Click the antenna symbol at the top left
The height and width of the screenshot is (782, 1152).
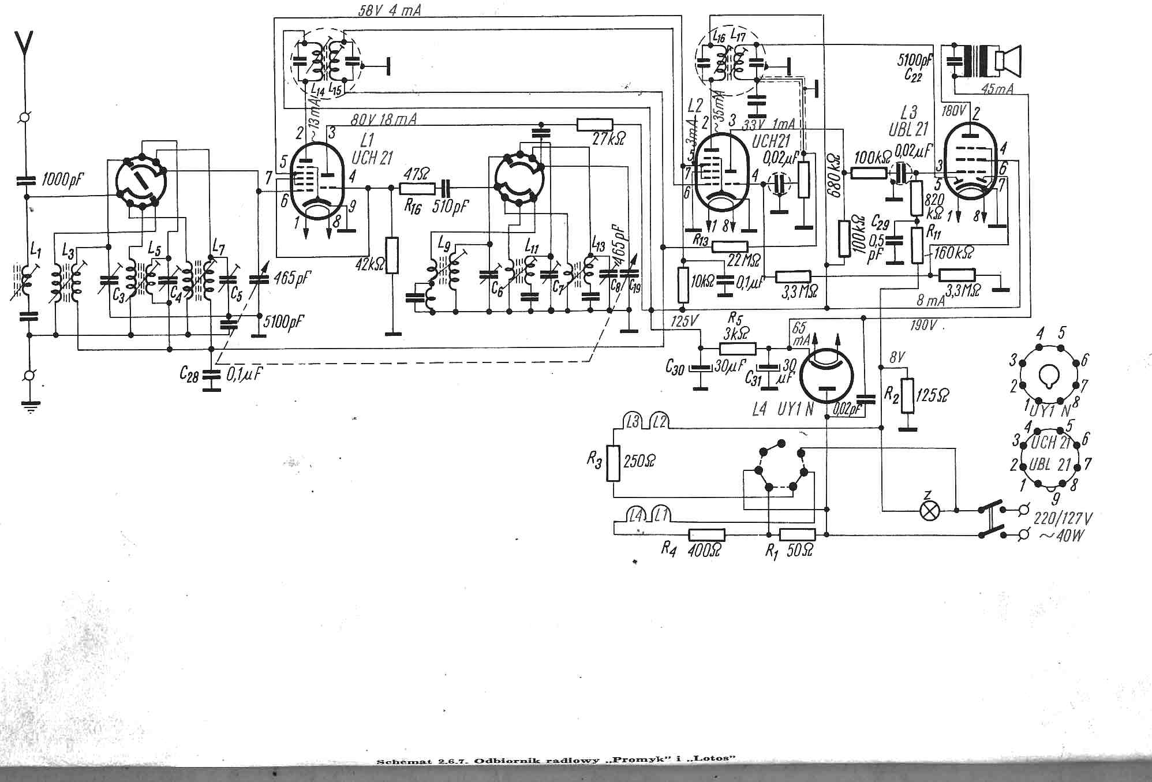24,44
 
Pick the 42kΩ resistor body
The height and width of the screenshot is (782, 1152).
392,255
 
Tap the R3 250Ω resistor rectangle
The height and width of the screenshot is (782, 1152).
613,463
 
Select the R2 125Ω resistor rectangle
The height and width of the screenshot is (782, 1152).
908,396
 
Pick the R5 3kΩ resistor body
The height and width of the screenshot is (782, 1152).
737,348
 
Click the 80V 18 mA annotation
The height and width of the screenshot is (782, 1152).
384,120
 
